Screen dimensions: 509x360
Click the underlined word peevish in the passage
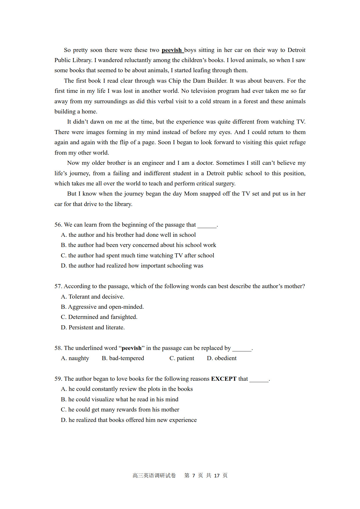coord(172,50)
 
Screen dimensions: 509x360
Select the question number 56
coord(58,225)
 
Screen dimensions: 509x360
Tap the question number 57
coord(58,286)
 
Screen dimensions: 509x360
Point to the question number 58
coord(58,348)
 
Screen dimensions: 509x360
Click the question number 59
coord(58,379)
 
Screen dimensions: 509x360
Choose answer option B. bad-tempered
coord(123,358)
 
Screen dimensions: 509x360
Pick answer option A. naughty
coord(75,358)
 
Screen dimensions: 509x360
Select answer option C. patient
coord(182,358)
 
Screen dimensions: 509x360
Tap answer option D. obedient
coord(222,358)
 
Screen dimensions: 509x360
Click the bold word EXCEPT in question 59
coord(224,379)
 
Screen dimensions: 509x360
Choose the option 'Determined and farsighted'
coord(99,317)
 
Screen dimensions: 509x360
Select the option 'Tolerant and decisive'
coord(93,297)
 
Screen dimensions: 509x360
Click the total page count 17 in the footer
coord(217,476)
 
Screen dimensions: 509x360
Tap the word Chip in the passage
coord(174,81)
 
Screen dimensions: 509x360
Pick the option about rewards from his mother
coord(120,409)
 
